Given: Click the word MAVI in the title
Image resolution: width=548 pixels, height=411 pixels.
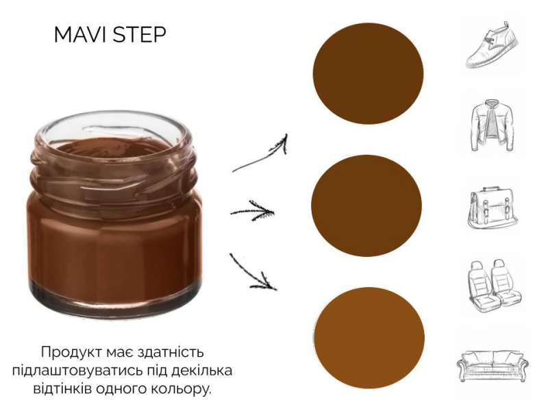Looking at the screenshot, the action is pos(82,35).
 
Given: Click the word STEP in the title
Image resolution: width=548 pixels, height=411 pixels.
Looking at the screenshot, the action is pos(140,35).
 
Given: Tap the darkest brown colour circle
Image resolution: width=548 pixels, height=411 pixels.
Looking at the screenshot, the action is pos(368,73).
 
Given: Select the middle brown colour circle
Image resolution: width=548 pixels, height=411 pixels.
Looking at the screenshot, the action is pos(366,206).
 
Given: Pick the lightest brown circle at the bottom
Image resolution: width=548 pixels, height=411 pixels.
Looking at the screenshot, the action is pos(369,337).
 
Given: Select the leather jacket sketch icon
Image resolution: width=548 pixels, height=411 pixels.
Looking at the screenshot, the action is pos(492,125).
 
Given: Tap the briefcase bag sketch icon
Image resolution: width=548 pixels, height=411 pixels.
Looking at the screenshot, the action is pos(493,208).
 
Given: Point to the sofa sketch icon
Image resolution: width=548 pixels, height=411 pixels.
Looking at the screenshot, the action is pos(493,366).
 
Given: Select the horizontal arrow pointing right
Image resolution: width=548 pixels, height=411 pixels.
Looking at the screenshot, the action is pos(252,211).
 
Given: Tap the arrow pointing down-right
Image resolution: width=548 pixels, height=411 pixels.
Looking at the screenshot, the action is pos(252,273).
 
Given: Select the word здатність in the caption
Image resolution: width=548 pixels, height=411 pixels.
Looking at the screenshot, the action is pos(171,352).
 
